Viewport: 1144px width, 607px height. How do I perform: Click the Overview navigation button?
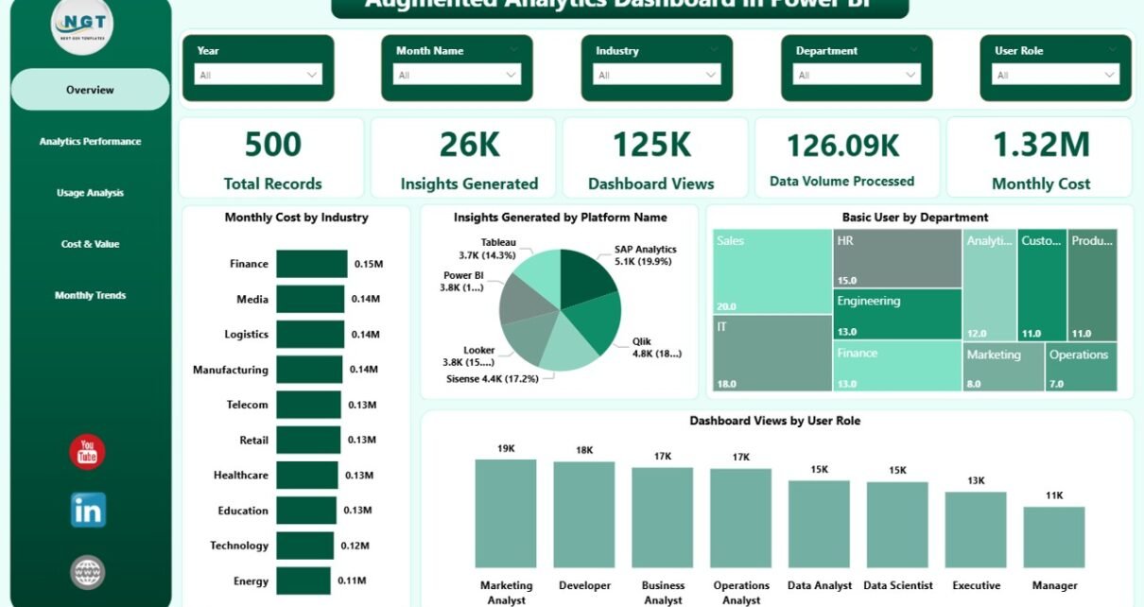90,90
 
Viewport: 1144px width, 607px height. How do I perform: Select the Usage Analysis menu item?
90,193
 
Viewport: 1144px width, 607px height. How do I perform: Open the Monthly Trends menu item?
90,295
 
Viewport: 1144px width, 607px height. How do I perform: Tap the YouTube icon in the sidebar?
87,452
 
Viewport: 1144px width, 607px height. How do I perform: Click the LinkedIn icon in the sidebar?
88,511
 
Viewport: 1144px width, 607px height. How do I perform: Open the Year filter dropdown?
258,75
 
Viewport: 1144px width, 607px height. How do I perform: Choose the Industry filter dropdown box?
657,75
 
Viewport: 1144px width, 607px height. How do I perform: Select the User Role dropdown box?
1055,75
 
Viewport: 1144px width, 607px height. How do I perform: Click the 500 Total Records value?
272,145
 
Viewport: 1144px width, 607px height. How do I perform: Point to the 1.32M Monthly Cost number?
1040,145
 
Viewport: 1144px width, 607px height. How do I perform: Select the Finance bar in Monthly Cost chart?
312,264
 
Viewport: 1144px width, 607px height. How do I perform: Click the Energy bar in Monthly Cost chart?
303,581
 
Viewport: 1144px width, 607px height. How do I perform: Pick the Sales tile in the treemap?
771,271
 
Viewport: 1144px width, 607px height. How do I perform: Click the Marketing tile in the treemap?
1002,367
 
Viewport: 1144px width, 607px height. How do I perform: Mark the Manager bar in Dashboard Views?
1053,537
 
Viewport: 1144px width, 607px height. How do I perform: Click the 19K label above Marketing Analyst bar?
506,448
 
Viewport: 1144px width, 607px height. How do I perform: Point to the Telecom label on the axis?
247,405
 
